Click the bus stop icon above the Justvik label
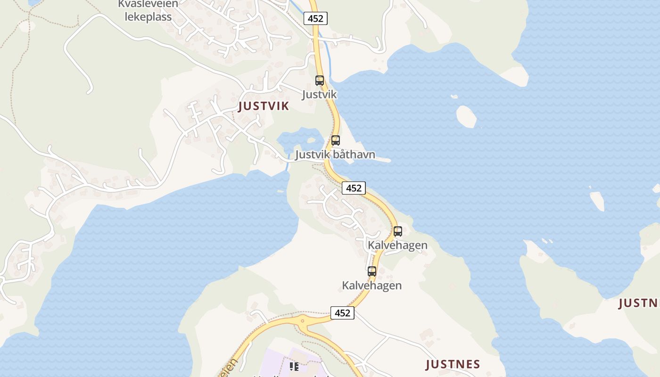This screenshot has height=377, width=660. click(x=320, y=81)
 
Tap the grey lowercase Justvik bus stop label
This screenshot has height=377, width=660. click(x=320, y=94)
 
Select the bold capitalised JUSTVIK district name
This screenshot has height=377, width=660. click(x=264, y=106)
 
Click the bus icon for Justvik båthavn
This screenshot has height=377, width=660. click(x=335, y=140)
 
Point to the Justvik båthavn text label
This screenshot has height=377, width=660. click(x=335, y=155)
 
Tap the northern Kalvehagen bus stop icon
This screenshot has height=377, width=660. click(x=398, y=231)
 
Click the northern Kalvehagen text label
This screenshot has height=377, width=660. click(x=397, y=245)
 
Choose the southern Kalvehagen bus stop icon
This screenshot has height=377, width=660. click(x=372, y=271)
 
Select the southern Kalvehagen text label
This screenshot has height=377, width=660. click(x=372, y=285)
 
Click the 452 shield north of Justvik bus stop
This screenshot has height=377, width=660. click(x=315, y=18)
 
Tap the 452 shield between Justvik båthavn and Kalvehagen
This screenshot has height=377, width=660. click(x=354, y=188)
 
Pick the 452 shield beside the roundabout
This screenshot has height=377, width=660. click(x=342, y=312)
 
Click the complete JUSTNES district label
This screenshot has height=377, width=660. click(x=453, y=364)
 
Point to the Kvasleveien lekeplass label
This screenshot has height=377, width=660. click(x=148, y=10)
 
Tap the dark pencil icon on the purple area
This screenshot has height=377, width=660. click(x=295, y=366)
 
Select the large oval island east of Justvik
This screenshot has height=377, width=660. click(x=466, y=116)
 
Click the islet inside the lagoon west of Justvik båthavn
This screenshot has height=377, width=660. click(x=311, y=139)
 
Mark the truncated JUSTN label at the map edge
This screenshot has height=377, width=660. click(x=639, y=303)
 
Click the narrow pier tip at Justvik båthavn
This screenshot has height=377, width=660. click(x=388, y=160)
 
